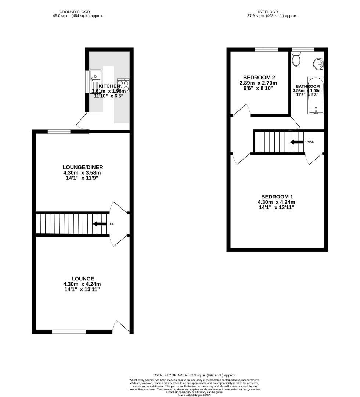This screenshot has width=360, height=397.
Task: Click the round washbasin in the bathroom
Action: point(318,65)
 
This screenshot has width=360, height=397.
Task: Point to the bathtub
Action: point(316,96)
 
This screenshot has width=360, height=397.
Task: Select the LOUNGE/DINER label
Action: point(83,167)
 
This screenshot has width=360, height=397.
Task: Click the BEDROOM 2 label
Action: point(259,78)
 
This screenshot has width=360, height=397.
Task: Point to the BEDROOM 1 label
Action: point(277,197)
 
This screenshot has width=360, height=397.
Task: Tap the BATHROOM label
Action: point(307,86)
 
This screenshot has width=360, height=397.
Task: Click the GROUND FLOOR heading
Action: point(75,12)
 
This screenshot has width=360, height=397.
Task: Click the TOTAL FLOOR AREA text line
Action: point(194,375)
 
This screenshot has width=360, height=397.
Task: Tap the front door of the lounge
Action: point(122,327)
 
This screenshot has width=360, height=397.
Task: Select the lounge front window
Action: point(69,332)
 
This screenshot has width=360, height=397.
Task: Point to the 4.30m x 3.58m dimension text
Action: point(82,173)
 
